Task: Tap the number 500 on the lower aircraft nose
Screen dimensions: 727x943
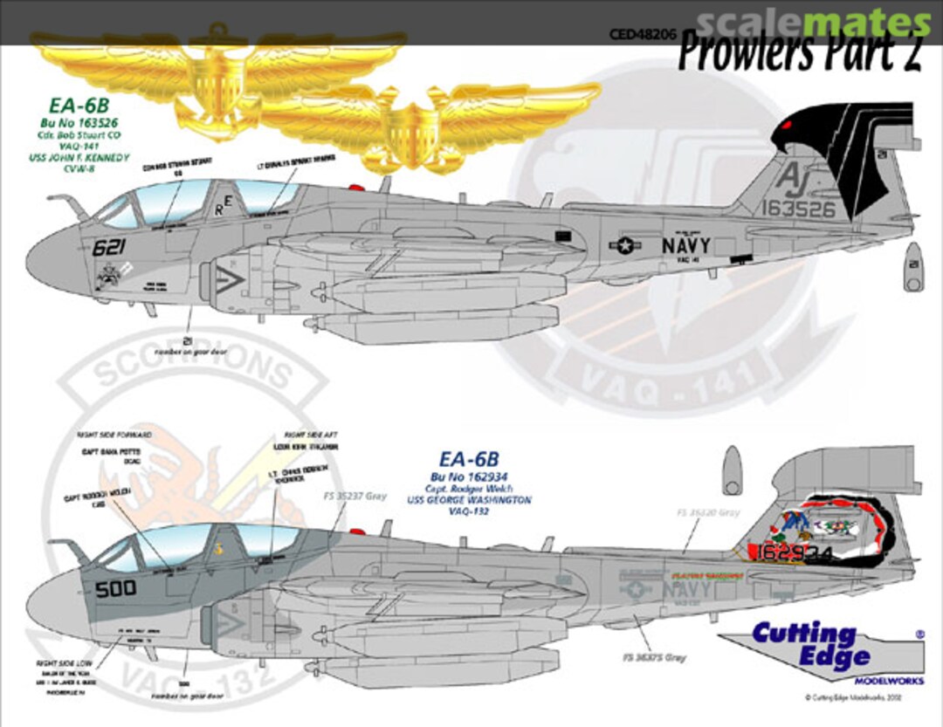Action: (x=115, y=588)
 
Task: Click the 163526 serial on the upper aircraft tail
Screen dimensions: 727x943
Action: (x=797, y=209)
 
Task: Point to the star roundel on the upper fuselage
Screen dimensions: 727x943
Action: (x=626, y=246)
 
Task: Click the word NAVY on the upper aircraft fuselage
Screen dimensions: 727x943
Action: (x=685, y=245)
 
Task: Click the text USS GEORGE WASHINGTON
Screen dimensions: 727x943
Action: (x=481, y=501)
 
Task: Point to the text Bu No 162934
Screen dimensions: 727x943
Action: (x=481, y=476)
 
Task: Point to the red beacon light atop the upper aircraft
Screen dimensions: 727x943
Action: (x=355, y=186)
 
